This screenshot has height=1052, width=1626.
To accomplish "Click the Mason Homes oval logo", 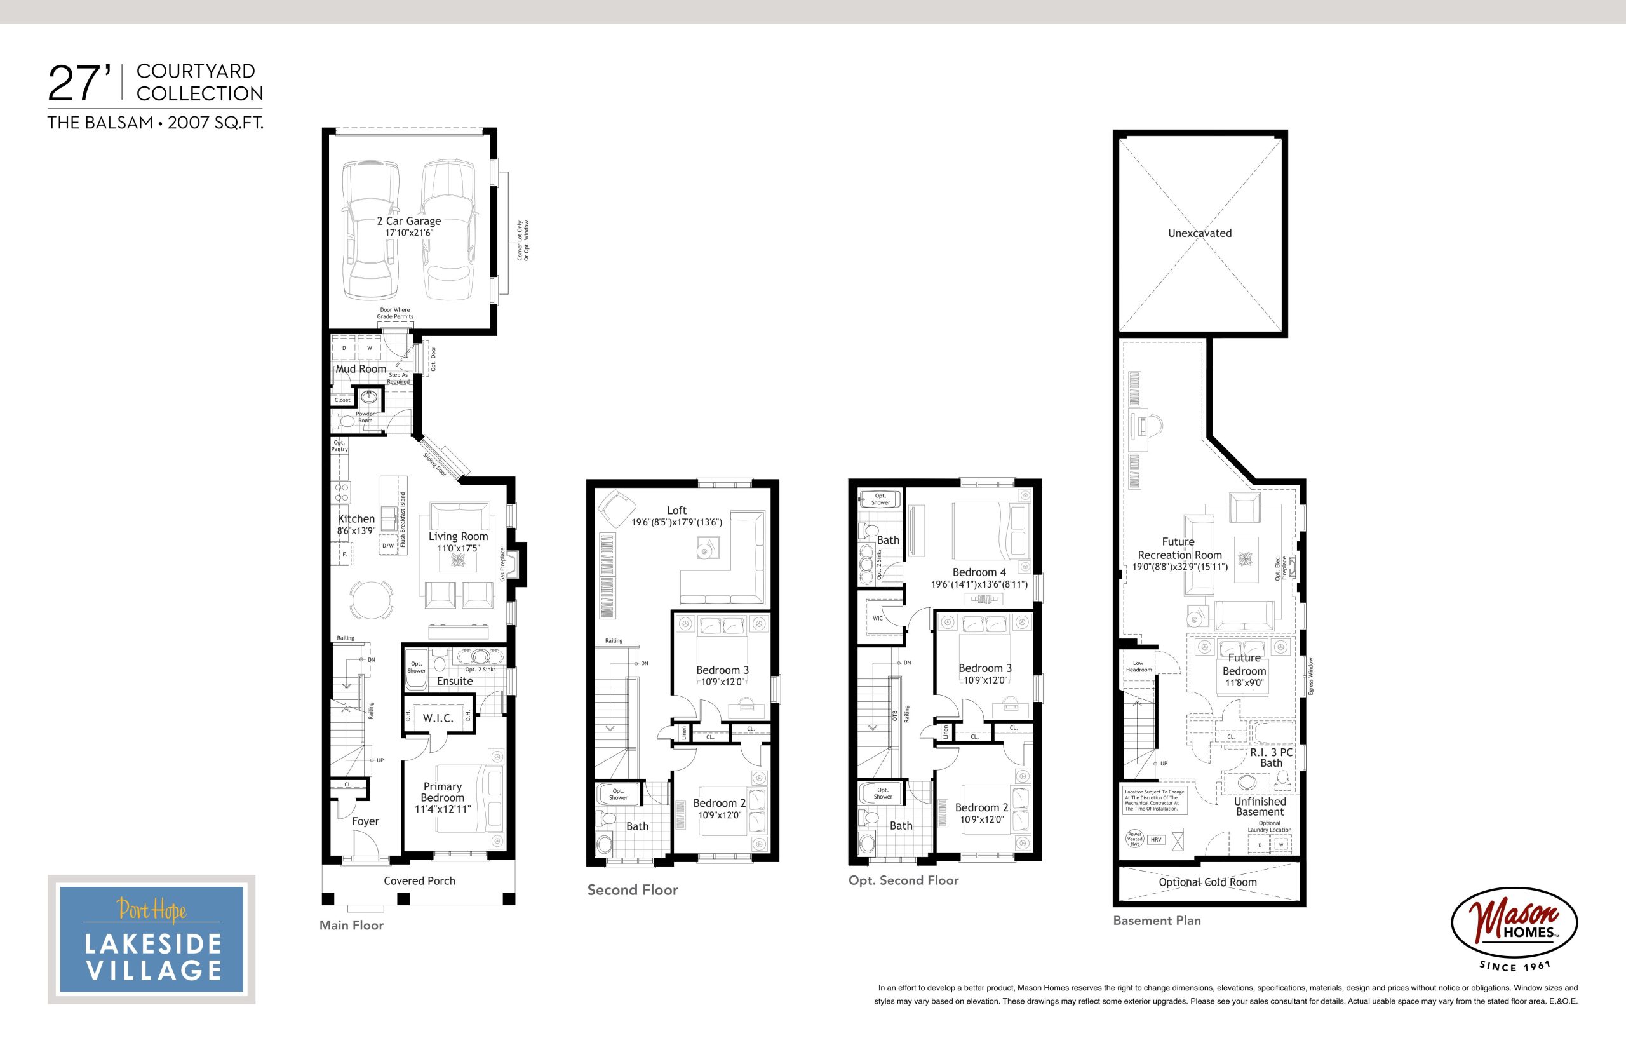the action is click(x=1514, y=922).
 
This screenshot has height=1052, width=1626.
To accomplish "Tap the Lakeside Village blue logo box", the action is click(x=152, y=940).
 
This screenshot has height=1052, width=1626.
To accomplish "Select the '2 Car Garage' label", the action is click(x=409, y=221).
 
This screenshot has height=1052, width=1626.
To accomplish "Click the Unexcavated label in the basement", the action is click(x=1200, y=233).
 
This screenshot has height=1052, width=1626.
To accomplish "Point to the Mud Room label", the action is click(x=361, y=369).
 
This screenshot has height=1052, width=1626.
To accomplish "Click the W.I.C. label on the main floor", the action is click(x=438, y=718).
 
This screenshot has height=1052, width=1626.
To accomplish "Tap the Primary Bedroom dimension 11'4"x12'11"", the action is click(x=443, y=809).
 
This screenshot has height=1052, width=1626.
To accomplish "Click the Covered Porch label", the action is click(x=419, y=881).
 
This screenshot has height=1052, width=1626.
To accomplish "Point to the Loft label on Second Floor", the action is click(x=677, y=510).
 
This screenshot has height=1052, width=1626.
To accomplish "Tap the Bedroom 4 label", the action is click(x=979, y=572).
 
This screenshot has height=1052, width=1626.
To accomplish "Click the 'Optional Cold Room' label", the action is click(x=1207, y=882).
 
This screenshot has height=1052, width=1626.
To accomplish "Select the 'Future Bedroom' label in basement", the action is click(x=1244, y=664).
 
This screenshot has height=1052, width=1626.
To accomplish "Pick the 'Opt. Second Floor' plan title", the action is click(x=903, y=880).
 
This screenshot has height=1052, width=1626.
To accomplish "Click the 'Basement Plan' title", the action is click(x=1157, y=920).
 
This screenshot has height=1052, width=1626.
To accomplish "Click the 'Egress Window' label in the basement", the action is click(x=1311, y=677).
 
